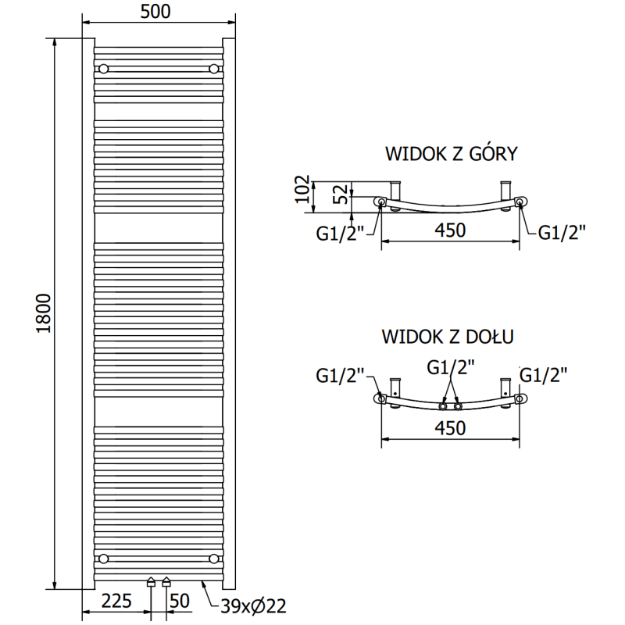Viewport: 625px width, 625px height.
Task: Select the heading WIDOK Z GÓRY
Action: click(x=451, y=153)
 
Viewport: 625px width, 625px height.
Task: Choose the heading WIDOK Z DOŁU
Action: click(x=448, y=337)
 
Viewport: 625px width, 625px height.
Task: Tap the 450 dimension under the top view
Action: click(x=451, y=230)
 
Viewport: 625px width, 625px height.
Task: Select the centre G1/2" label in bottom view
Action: click(x=451, y=366)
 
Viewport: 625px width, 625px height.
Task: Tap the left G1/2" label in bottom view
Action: click(x=341, y=377)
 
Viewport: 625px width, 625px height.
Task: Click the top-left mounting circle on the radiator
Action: click(x=103, y=69)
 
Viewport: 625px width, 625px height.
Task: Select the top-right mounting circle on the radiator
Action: click(x=213, y=69)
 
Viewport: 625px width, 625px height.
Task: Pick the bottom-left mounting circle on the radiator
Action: click(x=103, y=558)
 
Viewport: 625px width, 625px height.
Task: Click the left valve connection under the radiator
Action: click(x=152, y=582)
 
